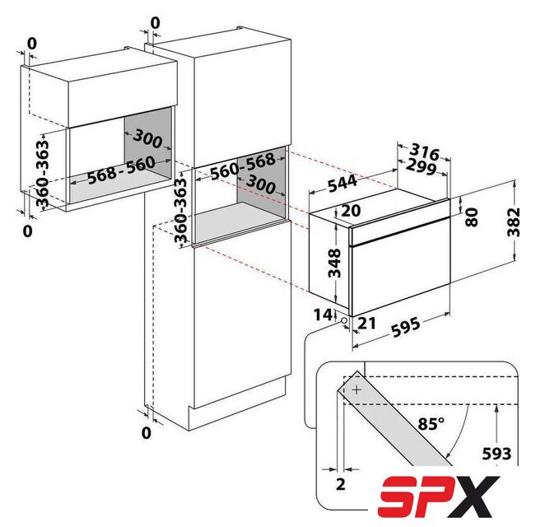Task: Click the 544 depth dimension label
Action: click(x=343, y=184)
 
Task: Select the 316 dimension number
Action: click(x=424, y=152)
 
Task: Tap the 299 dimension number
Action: click(x=422, y=167)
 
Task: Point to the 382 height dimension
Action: click(x=514, y=222)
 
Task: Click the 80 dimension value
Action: click(x=472, y=217)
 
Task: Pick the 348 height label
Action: click(x=334, y=263)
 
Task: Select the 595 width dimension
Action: click(x=405, y=327)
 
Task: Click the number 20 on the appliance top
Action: click(x=351, y=211)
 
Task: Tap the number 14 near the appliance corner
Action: click(x=323, y=315)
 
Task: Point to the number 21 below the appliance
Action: click(x=366, y=324)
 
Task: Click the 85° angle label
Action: click(x=431, y=424)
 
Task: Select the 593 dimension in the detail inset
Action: click(x=496, y=454)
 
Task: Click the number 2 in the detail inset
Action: click(x=341, y=484)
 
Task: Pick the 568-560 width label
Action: click(x=121, y=170)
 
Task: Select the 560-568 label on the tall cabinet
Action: click(x=242, y=166)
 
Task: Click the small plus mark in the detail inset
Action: click(x=357, y=389)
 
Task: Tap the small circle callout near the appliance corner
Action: click(x=343, y=320)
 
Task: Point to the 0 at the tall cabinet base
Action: click(x=146, y=433)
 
